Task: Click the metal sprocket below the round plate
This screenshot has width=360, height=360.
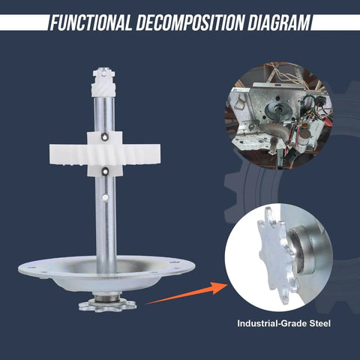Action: point(106,304)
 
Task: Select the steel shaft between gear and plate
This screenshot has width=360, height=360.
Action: point(105,225)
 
